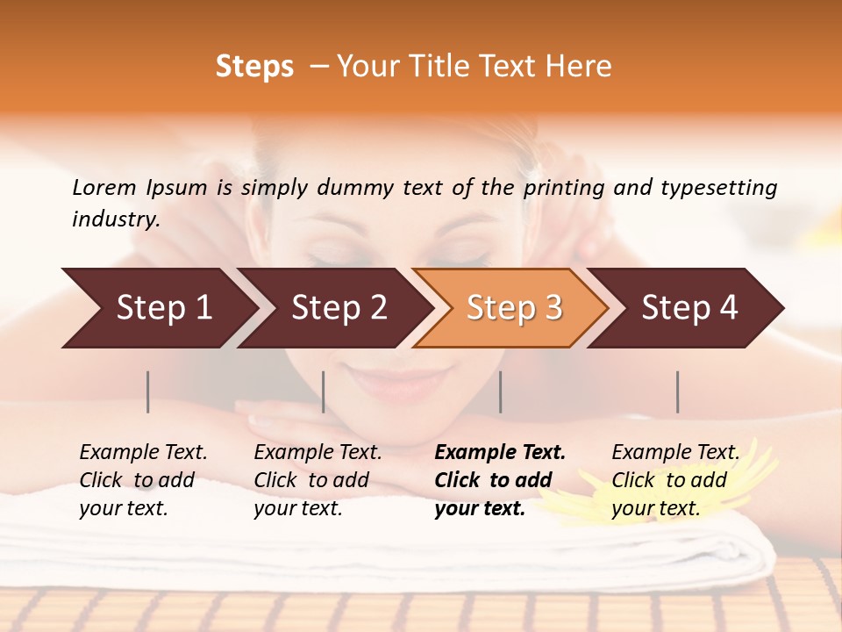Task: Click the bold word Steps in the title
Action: [254, 67]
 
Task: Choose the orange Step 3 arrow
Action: [514, 308]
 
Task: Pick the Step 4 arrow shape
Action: [689, 308]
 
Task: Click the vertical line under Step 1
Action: [148, 391]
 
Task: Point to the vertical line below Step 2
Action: [324, 391]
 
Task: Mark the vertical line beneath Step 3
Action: [501, 391]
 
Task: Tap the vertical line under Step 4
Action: [678, 391]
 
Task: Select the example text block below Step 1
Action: [143, 480]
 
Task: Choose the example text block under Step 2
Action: [318, 480]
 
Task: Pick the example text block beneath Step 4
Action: [675, 480]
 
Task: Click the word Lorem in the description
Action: [104, 188]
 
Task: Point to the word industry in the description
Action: [116, 219]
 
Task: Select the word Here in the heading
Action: [582, 67]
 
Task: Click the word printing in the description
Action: [564, 188]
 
